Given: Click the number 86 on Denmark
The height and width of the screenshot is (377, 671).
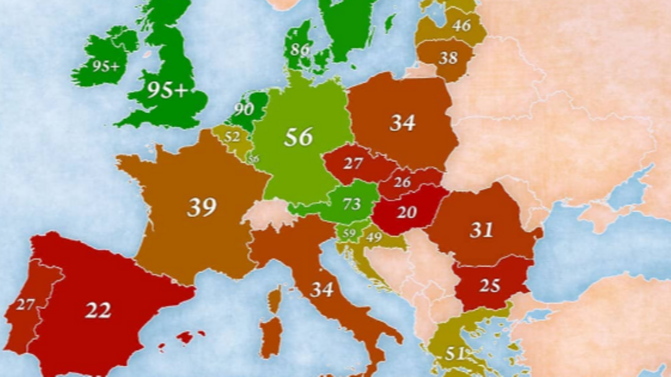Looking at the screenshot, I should coord(300,50).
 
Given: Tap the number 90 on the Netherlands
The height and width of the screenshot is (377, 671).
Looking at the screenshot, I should coord(244,109).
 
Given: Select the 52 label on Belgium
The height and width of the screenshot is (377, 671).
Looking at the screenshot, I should coord(232,137).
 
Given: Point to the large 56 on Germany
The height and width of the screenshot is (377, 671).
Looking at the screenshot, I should coord(298,137).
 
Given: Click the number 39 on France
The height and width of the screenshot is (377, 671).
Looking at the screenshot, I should coord(202,207).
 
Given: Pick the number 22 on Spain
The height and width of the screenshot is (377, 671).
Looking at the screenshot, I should coord(98,310).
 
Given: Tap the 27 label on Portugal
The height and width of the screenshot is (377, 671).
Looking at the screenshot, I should coord(25,305).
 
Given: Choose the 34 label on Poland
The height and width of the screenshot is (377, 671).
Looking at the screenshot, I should coord(402,123).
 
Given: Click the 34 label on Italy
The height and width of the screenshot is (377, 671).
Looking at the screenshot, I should coord(322,289).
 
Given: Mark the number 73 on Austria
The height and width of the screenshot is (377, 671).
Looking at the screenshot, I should coord(351,204).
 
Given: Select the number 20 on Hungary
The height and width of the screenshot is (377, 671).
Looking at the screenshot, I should coord(406,212).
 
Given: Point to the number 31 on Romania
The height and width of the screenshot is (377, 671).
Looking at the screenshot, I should coord(481,230).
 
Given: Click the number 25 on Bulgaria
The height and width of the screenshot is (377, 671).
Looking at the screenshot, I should coord(489,286).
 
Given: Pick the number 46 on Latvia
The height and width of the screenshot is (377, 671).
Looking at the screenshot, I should coord(461,26).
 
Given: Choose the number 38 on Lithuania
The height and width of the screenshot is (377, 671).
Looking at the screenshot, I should coord(448,58).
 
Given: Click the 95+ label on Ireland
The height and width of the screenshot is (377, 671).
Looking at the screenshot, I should coord(106,66).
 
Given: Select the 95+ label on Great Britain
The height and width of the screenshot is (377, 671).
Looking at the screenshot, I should coord(166,90).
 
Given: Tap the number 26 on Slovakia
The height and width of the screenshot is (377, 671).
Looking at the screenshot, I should coord(402,182).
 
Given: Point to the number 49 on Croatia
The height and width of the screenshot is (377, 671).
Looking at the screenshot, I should coord(374,238).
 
